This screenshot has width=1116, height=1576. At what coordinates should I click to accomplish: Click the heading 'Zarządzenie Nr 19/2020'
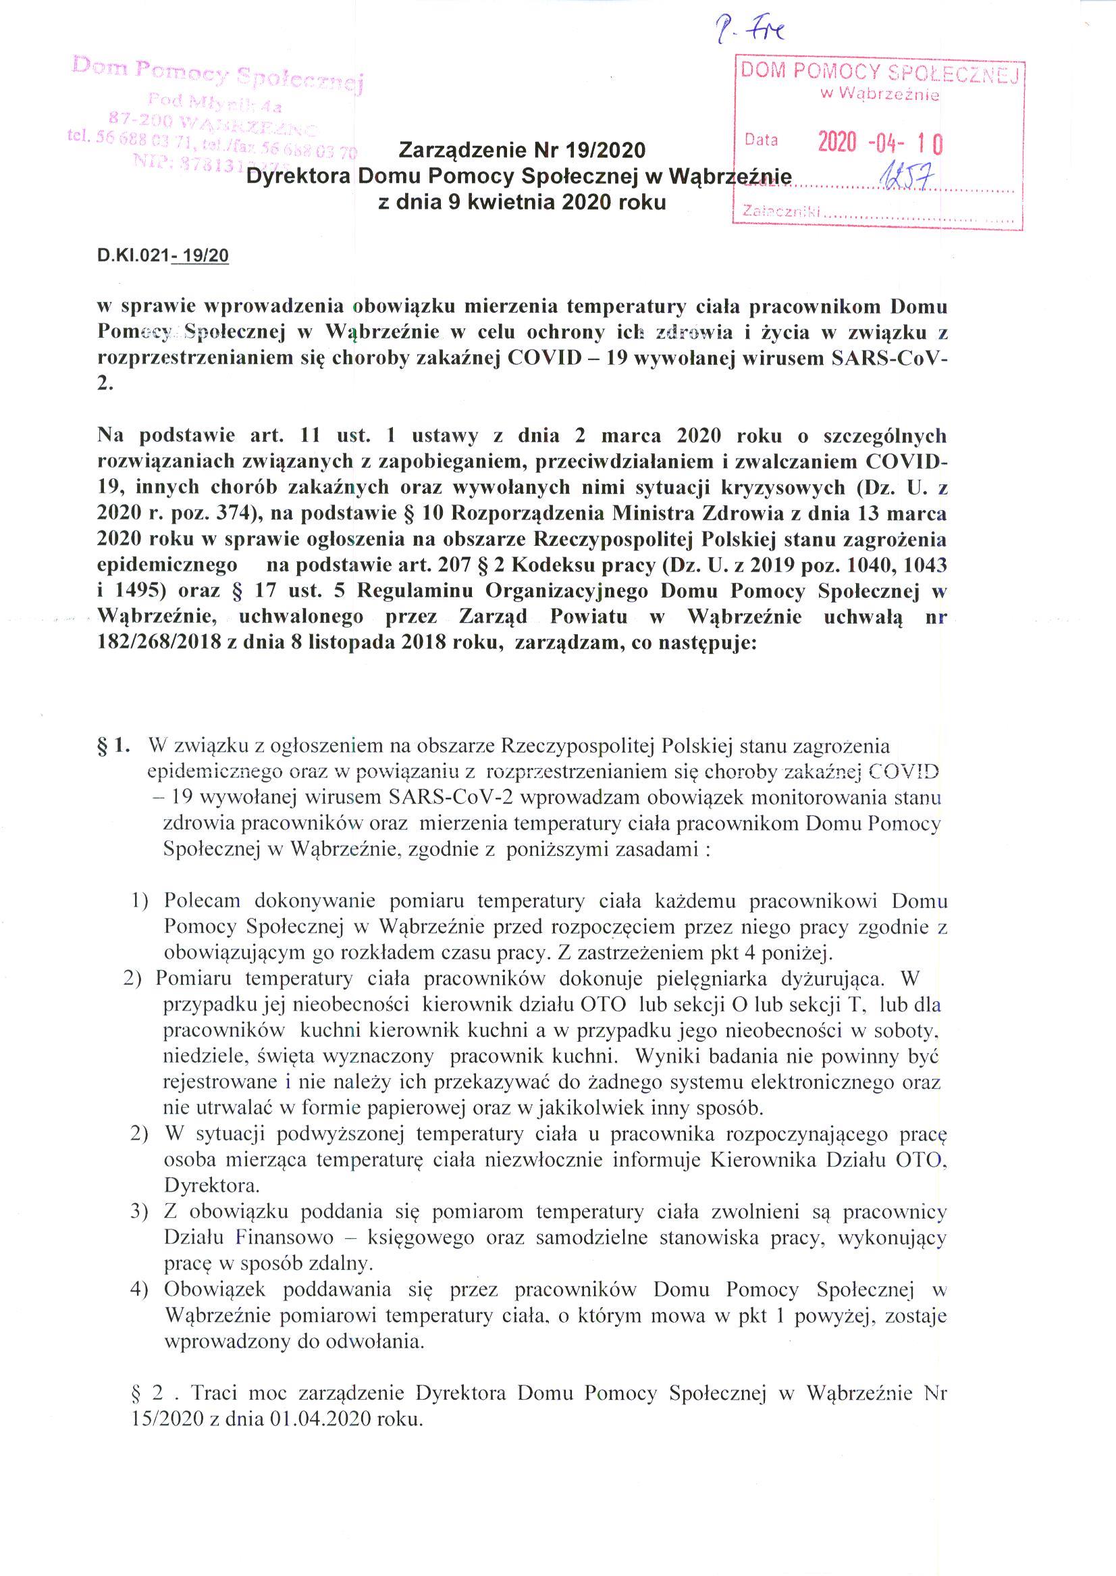(x=523, y=149)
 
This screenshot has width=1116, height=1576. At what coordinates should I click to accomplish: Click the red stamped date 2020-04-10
(x=880, y=143)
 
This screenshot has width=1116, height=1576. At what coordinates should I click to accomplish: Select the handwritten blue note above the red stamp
(x=753, y=31)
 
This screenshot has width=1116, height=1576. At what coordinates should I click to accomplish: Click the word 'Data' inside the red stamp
(x=762, y=141)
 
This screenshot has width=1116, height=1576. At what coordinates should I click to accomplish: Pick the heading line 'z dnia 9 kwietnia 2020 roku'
(x=523, y=203)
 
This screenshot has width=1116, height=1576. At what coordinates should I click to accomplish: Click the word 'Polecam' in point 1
(x=202, y=900)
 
